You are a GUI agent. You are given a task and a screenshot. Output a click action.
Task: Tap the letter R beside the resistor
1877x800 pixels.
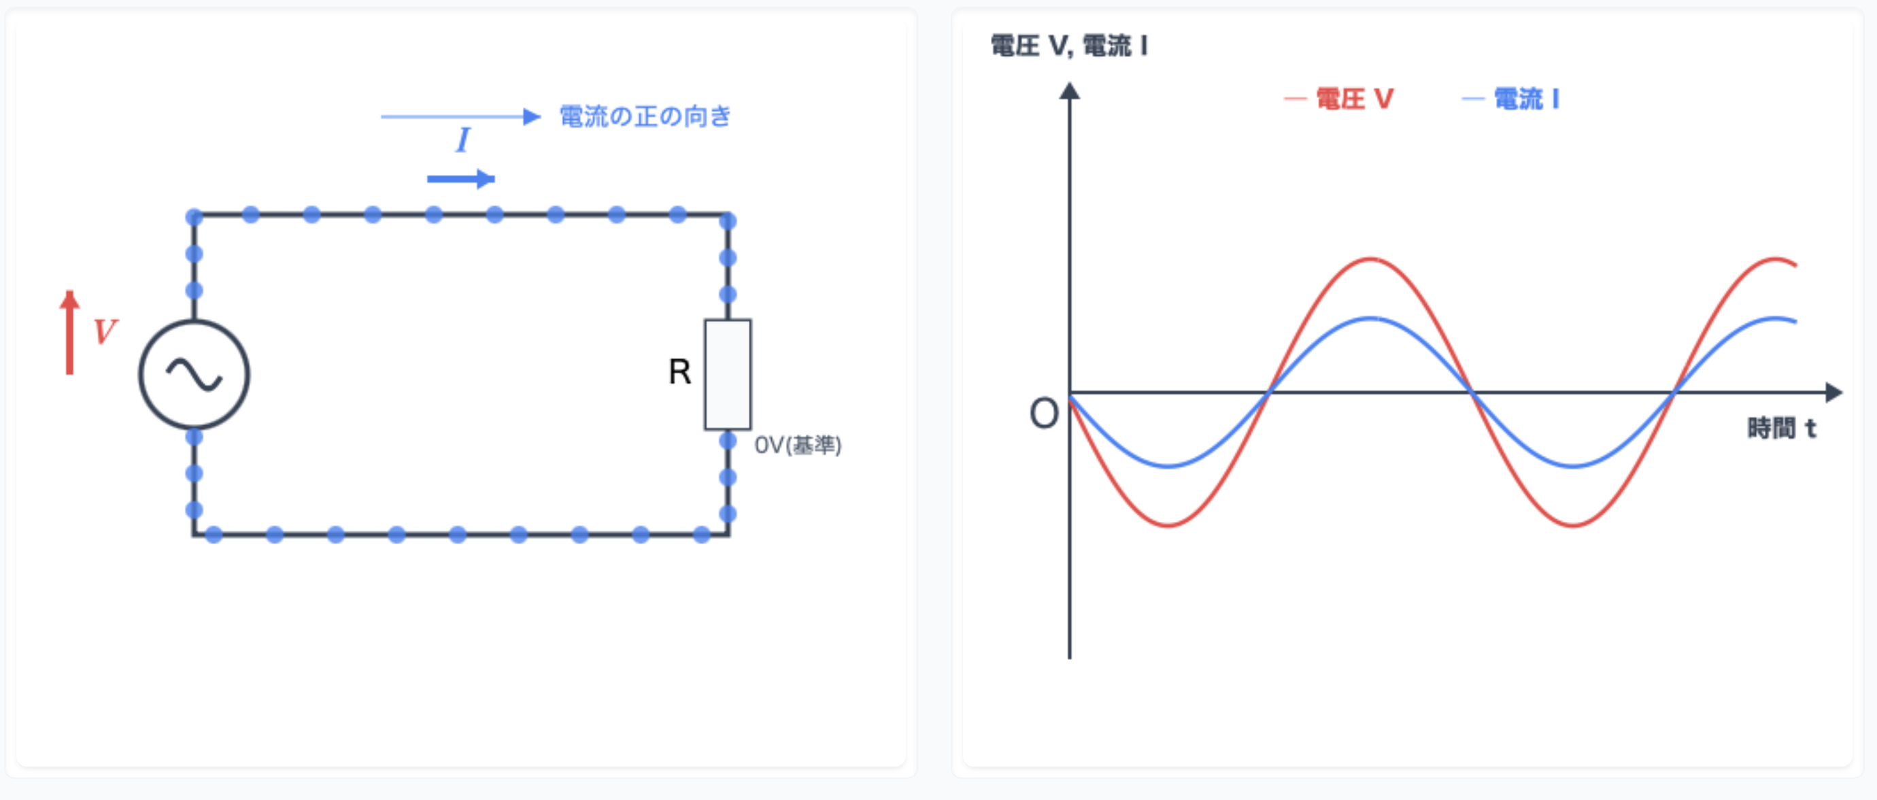pos(679,371)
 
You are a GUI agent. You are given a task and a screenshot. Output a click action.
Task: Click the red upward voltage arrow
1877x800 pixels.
pos(70,332)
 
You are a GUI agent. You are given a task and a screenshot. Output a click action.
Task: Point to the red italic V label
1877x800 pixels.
pos(105,331)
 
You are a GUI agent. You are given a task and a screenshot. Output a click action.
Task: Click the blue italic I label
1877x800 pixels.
pos(462,140)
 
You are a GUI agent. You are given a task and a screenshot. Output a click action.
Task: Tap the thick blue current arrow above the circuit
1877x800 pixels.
pos(461,178)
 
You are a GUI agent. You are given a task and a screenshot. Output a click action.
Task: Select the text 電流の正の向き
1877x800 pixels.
pos(645,116)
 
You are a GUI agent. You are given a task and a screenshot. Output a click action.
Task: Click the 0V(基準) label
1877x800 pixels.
pos(798,444)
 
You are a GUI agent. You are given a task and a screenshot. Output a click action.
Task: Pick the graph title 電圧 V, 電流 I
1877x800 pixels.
pos(1069,46)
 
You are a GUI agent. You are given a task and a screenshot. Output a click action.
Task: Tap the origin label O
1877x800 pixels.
pos(1043,413)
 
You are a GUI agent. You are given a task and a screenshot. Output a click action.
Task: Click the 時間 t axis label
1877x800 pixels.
pos(1782,428)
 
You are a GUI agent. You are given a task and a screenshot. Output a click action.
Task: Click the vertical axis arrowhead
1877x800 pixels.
pos(1069,91)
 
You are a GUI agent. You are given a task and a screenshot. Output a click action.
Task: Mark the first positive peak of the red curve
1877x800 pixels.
pos(1370,259)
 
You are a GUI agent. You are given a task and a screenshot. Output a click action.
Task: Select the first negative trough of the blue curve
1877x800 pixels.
pos(1169,466)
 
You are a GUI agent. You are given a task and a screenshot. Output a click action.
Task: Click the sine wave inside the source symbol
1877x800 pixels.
pos(194,375)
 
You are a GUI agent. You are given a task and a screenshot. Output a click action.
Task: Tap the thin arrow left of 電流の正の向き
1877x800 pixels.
pos(460,116)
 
